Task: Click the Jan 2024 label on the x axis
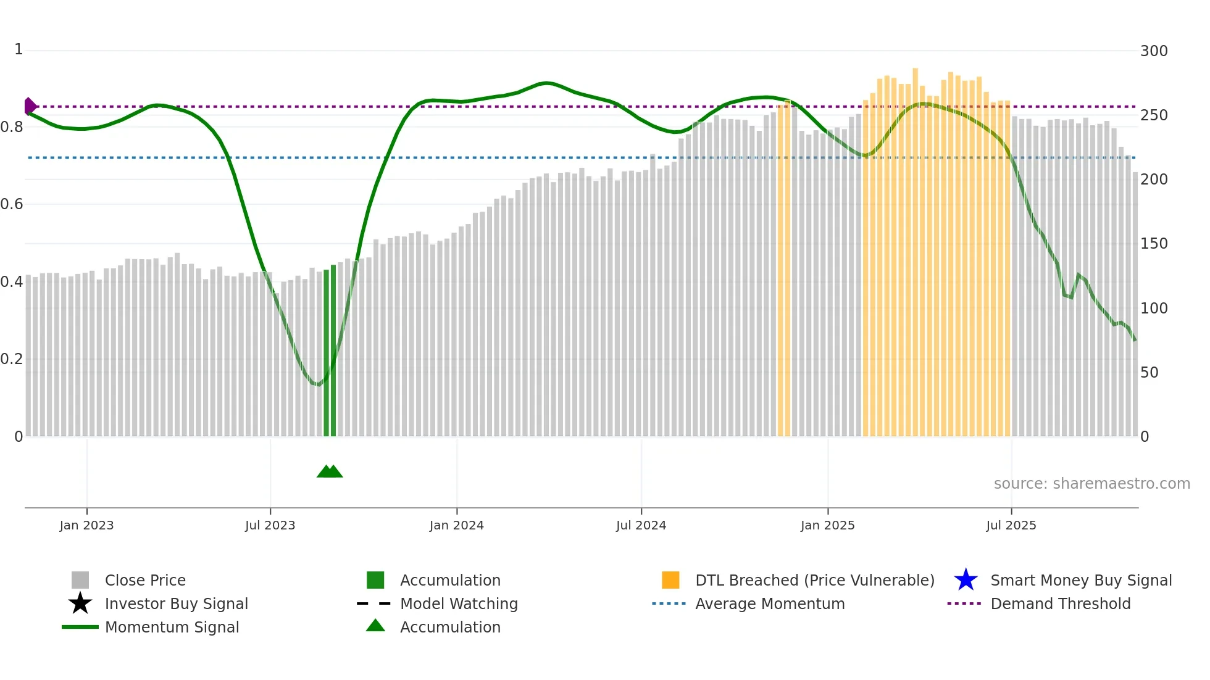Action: (x=456, y=525)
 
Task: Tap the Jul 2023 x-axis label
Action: (x=270, y=525)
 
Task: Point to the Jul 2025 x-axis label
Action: (x=1011, y=525)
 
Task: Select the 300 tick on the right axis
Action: (x=1153, y=51)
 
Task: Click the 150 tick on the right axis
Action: (x=1153, y=244)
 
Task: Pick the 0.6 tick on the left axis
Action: (x=12, y=204)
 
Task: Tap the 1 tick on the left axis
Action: (x=19, y=49)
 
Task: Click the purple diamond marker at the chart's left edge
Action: (x=30, y=107)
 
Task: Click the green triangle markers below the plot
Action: (x=330, y=471)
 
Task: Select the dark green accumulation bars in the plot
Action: (x=330, y=352)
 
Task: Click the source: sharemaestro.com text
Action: (x=1091, y=484)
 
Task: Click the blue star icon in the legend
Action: (x=966, y=580)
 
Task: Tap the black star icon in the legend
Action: (x=80, y=603)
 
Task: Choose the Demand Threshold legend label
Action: (x=1060, y=603)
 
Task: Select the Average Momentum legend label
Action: (x=770, y=603)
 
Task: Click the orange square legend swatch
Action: (x=670, y=580)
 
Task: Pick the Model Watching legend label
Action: (x=459, y=603)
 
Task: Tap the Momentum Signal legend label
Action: (x=172, y=627)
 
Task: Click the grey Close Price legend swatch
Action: (x=80, y=580)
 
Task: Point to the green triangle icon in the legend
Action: (x=375, y=626)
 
